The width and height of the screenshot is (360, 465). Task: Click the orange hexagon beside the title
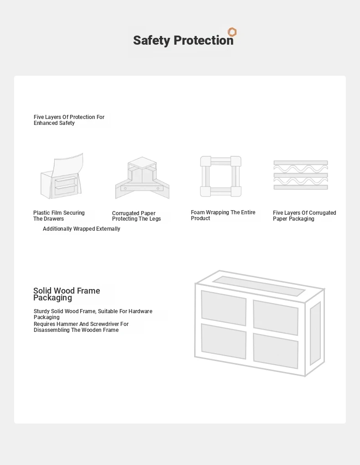[232, 32]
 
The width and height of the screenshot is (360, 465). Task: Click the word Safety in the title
[152, 41]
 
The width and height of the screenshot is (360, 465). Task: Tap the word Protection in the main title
[203, 40]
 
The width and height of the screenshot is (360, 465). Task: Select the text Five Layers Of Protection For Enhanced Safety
[69, 120]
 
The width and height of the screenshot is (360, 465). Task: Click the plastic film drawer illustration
[62, 176]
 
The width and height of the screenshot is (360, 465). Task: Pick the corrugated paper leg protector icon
[142, 178]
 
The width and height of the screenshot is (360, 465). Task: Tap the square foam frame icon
[221, 176]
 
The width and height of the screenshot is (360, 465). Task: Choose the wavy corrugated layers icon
[301, 175]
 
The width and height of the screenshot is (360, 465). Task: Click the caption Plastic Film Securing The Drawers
[59, 216]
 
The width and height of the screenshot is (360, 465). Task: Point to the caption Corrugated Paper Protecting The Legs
[136, 216]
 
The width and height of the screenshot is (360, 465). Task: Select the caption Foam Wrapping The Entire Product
[223, 215]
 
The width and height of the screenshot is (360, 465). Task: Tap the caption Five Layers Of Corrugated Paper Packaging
[304, 216]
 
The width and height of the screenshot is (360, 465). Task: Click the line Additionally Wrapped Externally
[81, 229]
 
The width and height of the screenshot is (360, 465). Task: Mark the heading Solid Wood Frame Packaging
[67, 294]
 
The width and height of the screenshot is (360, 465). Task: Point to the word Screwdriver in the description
[102, 324]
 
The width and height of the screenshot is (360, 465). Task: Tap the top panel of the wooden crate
[259, 286]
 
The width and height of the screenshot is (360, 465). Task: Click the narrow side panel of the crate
[315, 334]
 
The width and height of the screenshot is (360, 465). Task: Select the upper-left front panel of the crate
[224, 308]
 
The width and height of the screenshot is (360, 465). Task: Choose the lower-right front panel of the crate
[276, 351]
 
